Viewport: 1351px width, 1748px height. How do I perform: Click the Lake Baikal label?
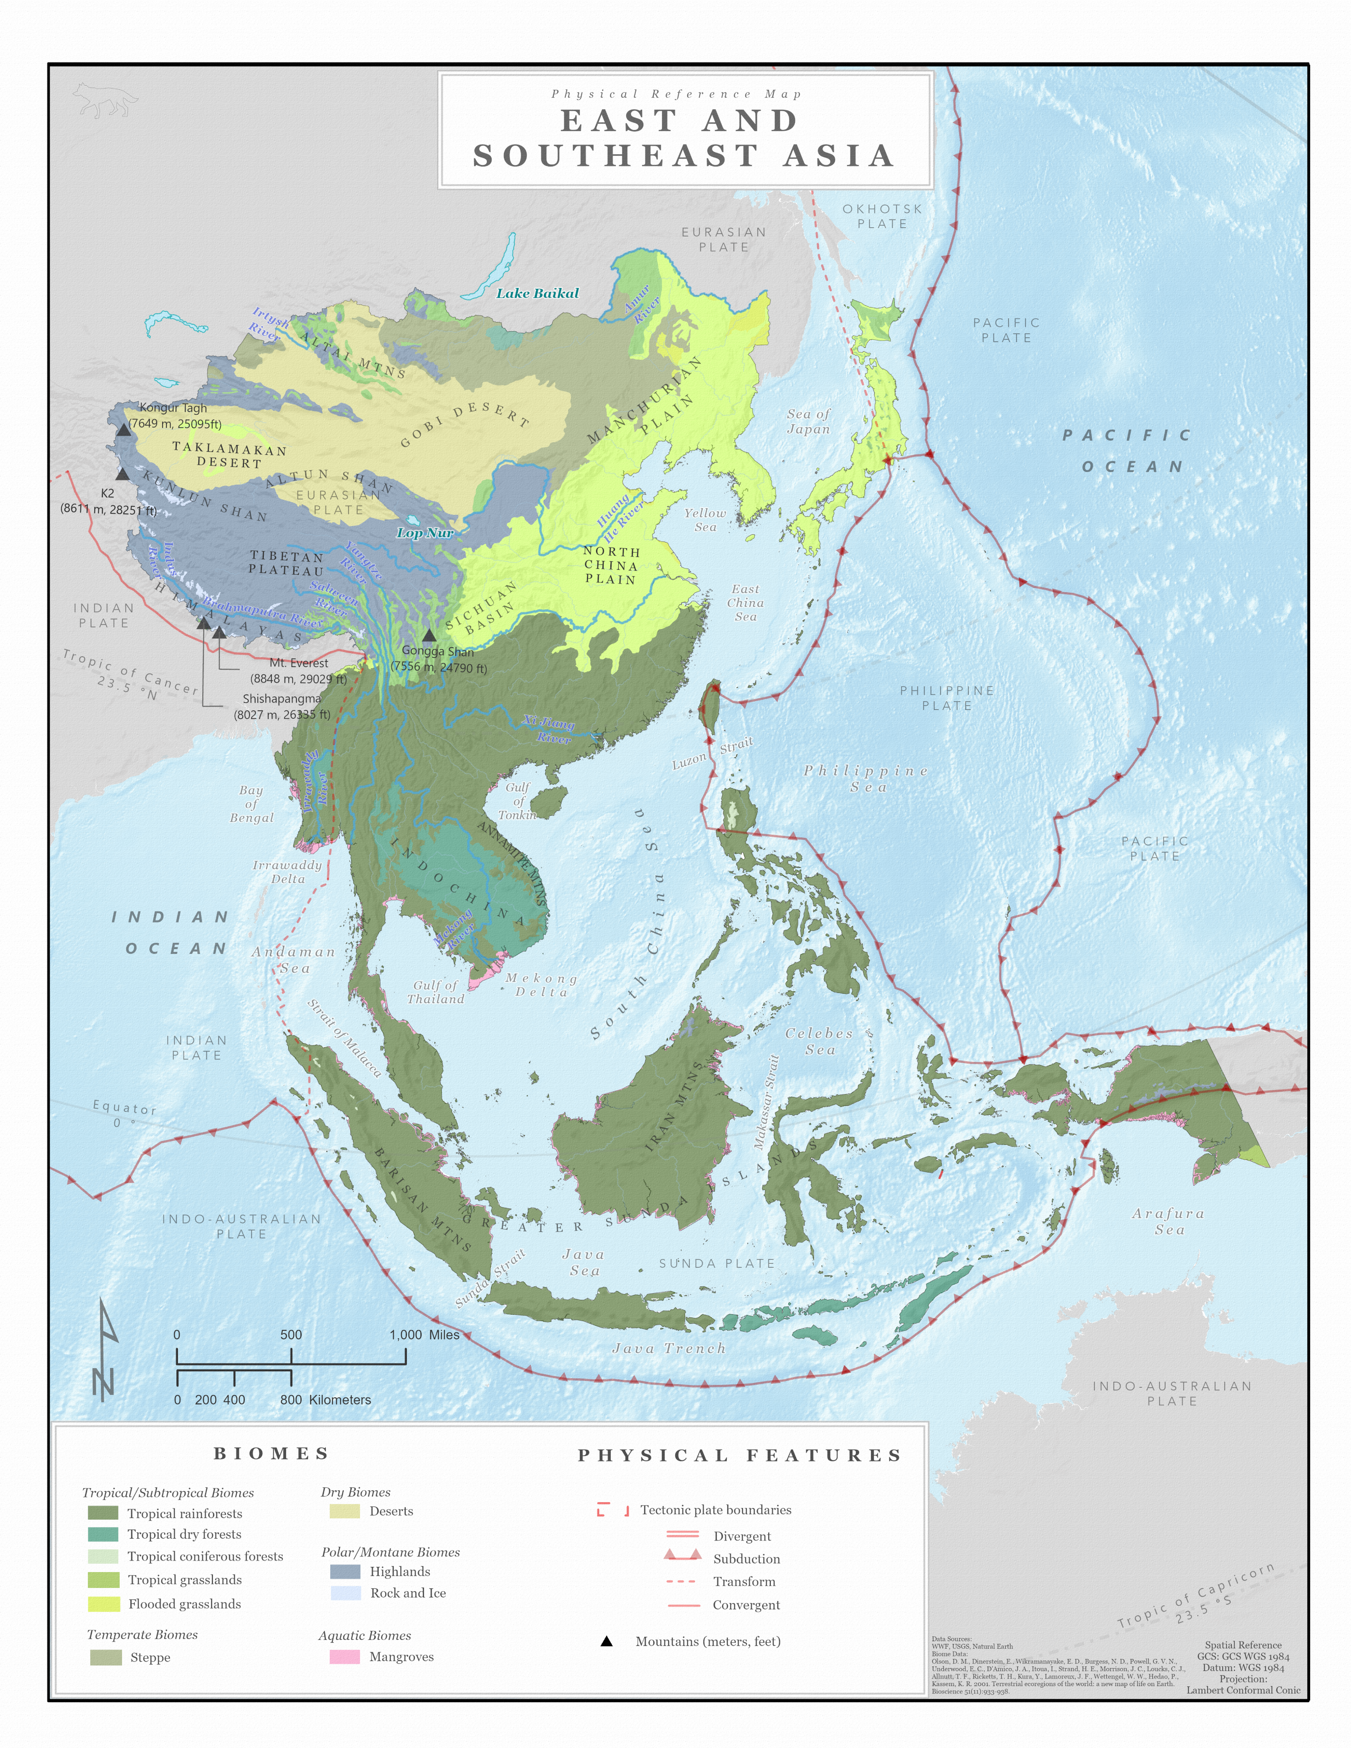pyautogui.click(x=537, y=293)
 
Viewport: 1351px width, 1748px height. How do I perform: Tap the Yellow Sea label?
pyautogui.click(x=705, y=519)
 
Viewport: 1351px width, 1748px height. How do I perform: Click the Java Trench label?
pyautogui.click(x=669, y=1349)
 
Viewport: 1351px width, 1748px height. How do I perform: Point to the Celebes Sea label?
pyautogui.click(x=819, y=1041)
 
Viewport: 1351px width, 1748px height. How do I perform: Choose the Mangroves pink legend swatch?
pyautogui.click(x=344, y=1657)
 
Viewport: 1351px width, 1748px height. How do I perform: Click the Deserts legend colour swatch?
pyautogui.click(x=344, y=1511)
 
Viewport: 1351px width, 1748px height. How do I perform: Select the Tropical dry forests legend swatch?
pyautogui.click(x=103, y=1534)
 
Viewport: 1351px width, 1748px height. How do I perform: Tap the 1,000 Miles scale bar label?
pyautogui.click(x=424, y=1335)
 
